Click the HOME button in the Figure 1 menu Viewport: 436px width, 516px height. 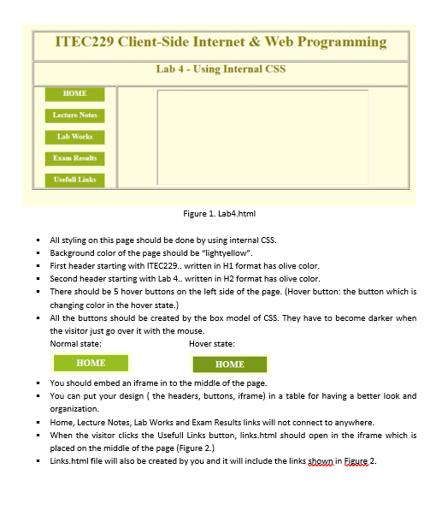tap(74, 93)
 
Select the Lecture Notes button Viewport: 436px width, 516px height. tap(74, 115)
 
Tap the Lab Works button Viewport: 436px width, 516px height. tap(74, 137)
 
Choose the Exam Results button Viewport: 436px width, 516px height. tap(74, 158)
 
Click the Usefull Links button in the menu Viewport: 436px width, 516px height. tap(74, 180)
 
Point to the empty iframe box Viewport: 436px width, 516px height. tap(262, 137)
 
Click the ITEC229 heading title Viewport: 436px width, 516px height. tap(220, 42)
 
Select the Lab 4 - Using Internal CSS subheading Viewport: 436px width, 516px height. tap(221, 69)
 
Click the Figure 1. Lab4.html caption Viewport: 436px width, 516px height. tap(220, 214)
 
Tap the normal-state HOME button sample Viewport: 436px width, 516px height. tap(91, 363)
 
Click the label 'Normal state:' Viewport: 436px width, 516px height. tap(75, 343)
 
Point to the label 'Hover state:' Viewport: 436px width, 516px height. tap(211, 343)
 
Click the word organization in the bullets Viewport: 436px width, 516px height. tap(75, 409)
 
